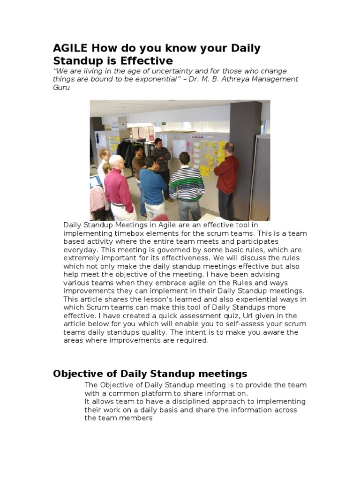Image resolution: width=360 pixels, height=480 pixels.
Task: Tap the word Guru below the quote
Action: click(61, 88)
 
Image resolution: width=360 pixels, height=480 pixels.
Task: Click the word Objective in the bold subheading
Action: click(77, 374)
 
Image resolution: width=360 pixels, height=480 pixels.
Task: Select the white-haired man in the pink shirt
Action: click(119, 187)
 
